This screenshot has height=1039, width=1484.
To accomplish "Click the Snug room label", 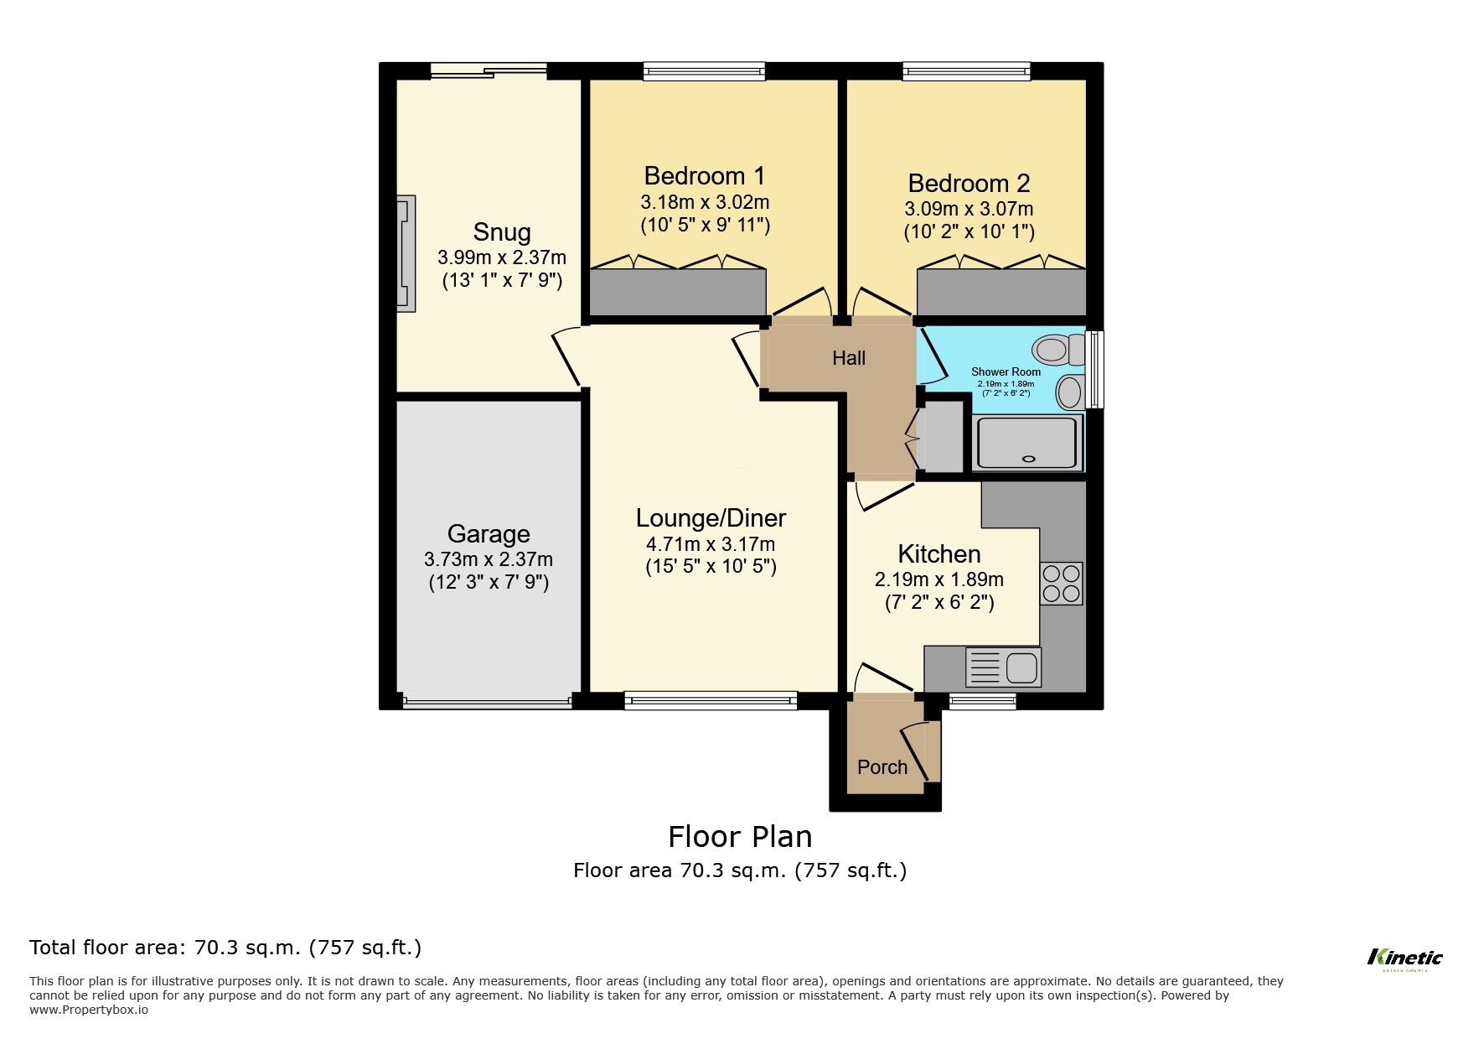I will point(501,232).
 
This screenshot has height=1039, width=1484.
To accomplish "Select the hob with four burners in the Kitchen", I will point(1061,584).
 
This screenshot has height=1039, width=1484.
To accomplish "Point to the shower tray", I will point(1027,443).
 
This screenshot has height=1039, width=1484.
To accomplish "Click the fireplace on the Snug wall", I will point(406,253).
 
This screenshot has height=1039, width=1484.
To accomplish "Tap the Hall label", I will point(848,358).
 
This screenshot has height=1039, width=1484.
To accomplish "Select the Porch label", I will point(882,766).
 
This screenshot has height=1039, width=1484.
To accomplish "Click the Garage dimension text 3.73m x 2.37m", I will point(488,558).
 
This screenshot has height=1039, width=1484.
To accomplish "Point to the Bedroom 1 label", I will point(704,176).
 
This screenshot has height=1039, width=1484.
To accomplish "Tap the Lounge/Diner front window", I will point(710,700).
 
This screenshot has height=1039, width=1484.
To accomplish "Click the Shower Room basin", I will point(1068,392).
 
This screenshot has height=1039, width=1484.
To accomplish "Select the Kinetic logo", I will point(1404,958).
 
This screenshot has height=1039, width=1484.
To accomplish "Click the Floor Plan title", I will point(739,836).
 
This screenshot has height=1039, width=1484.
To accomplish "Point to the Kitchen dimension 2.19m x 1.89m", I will point(938,579).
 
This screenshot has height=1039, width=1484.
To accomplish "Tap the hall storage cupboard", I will point(943,437).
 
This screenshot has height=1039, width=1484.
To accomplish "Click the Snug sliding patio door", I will point(489,71).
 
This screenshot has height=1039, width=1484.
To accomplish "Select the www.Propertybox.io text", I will point(89,1010).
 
